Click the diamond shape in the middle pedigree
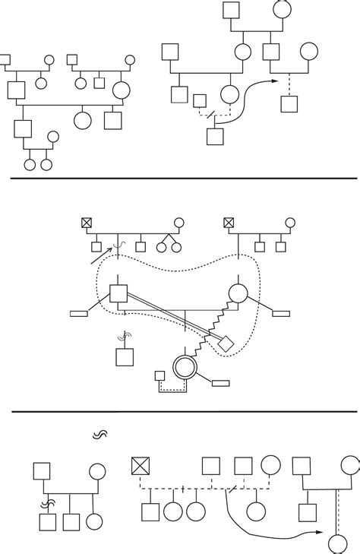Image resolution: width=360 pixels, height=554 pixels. (x=224, y=343)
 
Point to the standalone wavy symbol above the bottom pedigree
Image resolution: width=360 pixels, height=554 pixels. (x=100, y=435)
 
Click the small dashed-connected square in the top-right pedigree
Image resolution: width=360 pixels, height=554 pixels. (x=200, y=100)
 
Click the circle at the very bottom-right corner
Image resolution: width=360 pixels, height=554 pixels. (x=337, y=543)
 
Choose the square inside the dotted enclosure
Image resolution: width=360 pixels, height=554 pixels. (x=118, y=293)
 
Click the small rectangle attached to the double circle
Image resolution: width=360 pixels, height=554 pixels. (x=221, y=381)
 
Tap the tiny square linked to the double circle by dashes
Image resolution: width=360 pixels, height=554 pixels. (x=159, y=375)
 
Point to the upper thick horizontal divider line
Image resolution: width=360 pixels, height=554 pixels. (x=180, y=178)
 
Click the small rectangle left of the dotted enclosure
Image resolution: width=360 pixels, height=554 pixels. (x=79, y=312)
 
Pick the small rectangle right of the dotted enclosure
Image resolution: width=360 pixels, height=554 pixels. (x=280, y=312)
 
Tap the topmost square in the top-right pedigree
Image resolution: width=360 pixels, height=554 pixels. (x=232, y=10)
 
